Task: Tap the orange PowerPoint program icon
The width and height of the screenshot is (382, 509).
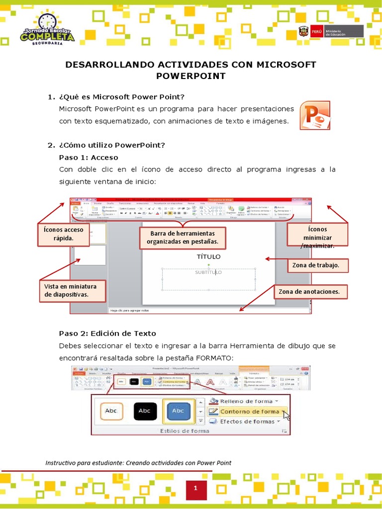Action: [x=314, y=115]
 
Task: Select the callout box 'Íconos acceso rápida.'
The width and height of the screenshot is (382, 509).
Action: [x=63, y=234]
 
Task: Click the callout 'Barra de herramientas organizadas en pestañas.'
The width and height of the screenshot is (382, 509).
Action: [x=183, y=238]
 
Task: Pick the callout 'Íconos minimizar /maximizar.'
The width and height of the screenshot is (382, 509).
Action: [x=317, y=235]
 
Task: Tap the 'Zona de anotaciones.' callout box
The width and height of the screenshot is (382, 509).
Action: [x=309, y=292]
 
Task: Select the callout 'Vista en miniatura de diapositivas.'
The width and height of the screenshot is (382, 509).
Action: [x=73, y=291]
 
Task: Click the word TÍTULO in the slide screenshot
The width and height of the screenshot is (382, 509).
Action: [x=208, y=256]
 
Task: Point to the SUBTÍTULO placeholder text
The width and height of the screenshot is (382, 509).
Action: [x=208, y=272]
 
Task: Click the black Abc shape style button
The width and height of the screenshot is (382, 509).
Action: [x=145, y=411]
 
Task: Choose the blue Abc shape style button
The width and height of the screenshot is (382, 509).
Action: [x=178, y=411]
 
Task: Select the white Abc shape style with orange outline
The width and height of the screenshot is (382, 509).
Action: [x=111, y=411]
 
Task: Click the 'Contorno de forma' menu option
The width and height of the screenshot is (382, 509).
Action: [x=249, y=411]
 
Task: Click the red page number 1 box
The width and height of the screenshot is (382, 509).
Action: [x=195, y=489]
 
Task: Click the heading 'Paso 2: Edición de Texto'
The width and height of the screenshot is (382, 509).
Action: [x=107, y=333]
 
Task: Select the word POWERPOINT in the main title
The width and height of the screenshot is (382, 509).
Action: [x=191, y=76]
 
